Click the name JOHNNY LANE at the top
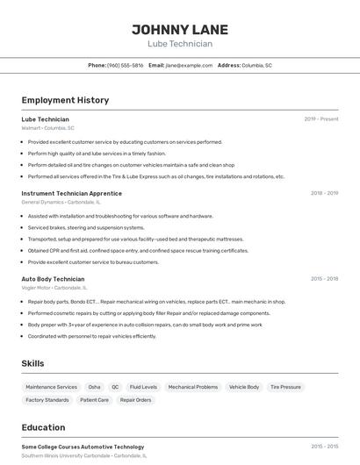pyautogui.click(x=180, y=28)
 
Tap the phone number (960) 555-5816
pyautogui.click(x=125, y=65)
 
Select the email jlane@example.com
pyautogui.click(x=189, y=65)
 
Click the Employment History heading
pyautogui.click(x=65, y=100)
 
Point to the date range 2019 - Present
pyautogui.click(x=320, y=118)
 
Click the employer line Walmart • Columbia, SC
pyautogui.click(x=48, y=128)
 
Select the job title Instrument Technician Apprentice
pyautogui.click(x=72, y=193)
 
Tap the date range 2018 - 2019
pyautogui.click(x=324, y=193)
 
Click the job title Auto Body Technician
pyautogui.click(x=53, y=278)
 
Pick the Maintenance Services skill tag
pyautogui.click(x=51, y=387)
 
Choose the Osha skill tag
pyautogui.click(x=94, y=387)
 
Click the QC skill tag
pyautogui.click(x=115, y=387)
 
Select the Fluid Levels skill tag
pyautogui.click(x=143, y=387)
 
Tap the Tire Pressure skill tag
pyautogui.click(x=285, y=387)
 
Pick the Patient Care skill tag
pyautogui.click(x=94, y=400)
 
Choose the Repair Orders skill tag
pyautogui.click(x=135, y=400)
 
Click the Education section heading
pyautogui.click(x=43, y=427)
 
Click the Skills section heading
pyautogui.click(x=33, y=363)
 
